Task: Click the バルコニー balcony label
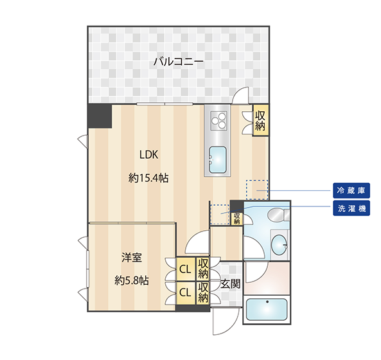coord(179,62)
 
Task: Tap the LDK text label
coord(148,154)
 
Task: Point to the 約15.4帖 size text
coord(148,178)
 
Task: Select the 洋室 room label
coord(132,257)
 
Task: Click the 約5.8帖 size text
coord(132,281)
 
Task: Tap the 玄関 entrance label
coord(231,283)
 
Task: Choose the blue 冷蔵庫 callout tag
coord(351,190)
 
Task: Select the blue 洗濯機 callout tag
coord(351,208)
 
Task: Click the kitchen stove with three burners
coord(218,121)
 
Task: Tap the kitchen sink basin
coord(218,159)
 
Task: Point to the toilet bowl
coord(276,215)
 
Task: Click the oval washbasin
coord(279,245)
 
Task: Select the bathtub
coord(267,309)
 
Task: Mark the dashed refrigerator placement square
coord(257,190)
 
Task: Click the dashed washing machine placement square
coord(220,215)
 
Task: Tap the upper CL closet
coord(186,269)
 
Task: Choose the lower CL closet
coord(186,292)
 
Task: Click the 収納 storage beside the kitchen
coord(260,120)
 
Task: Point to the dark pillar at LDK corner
coord(100,116)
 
